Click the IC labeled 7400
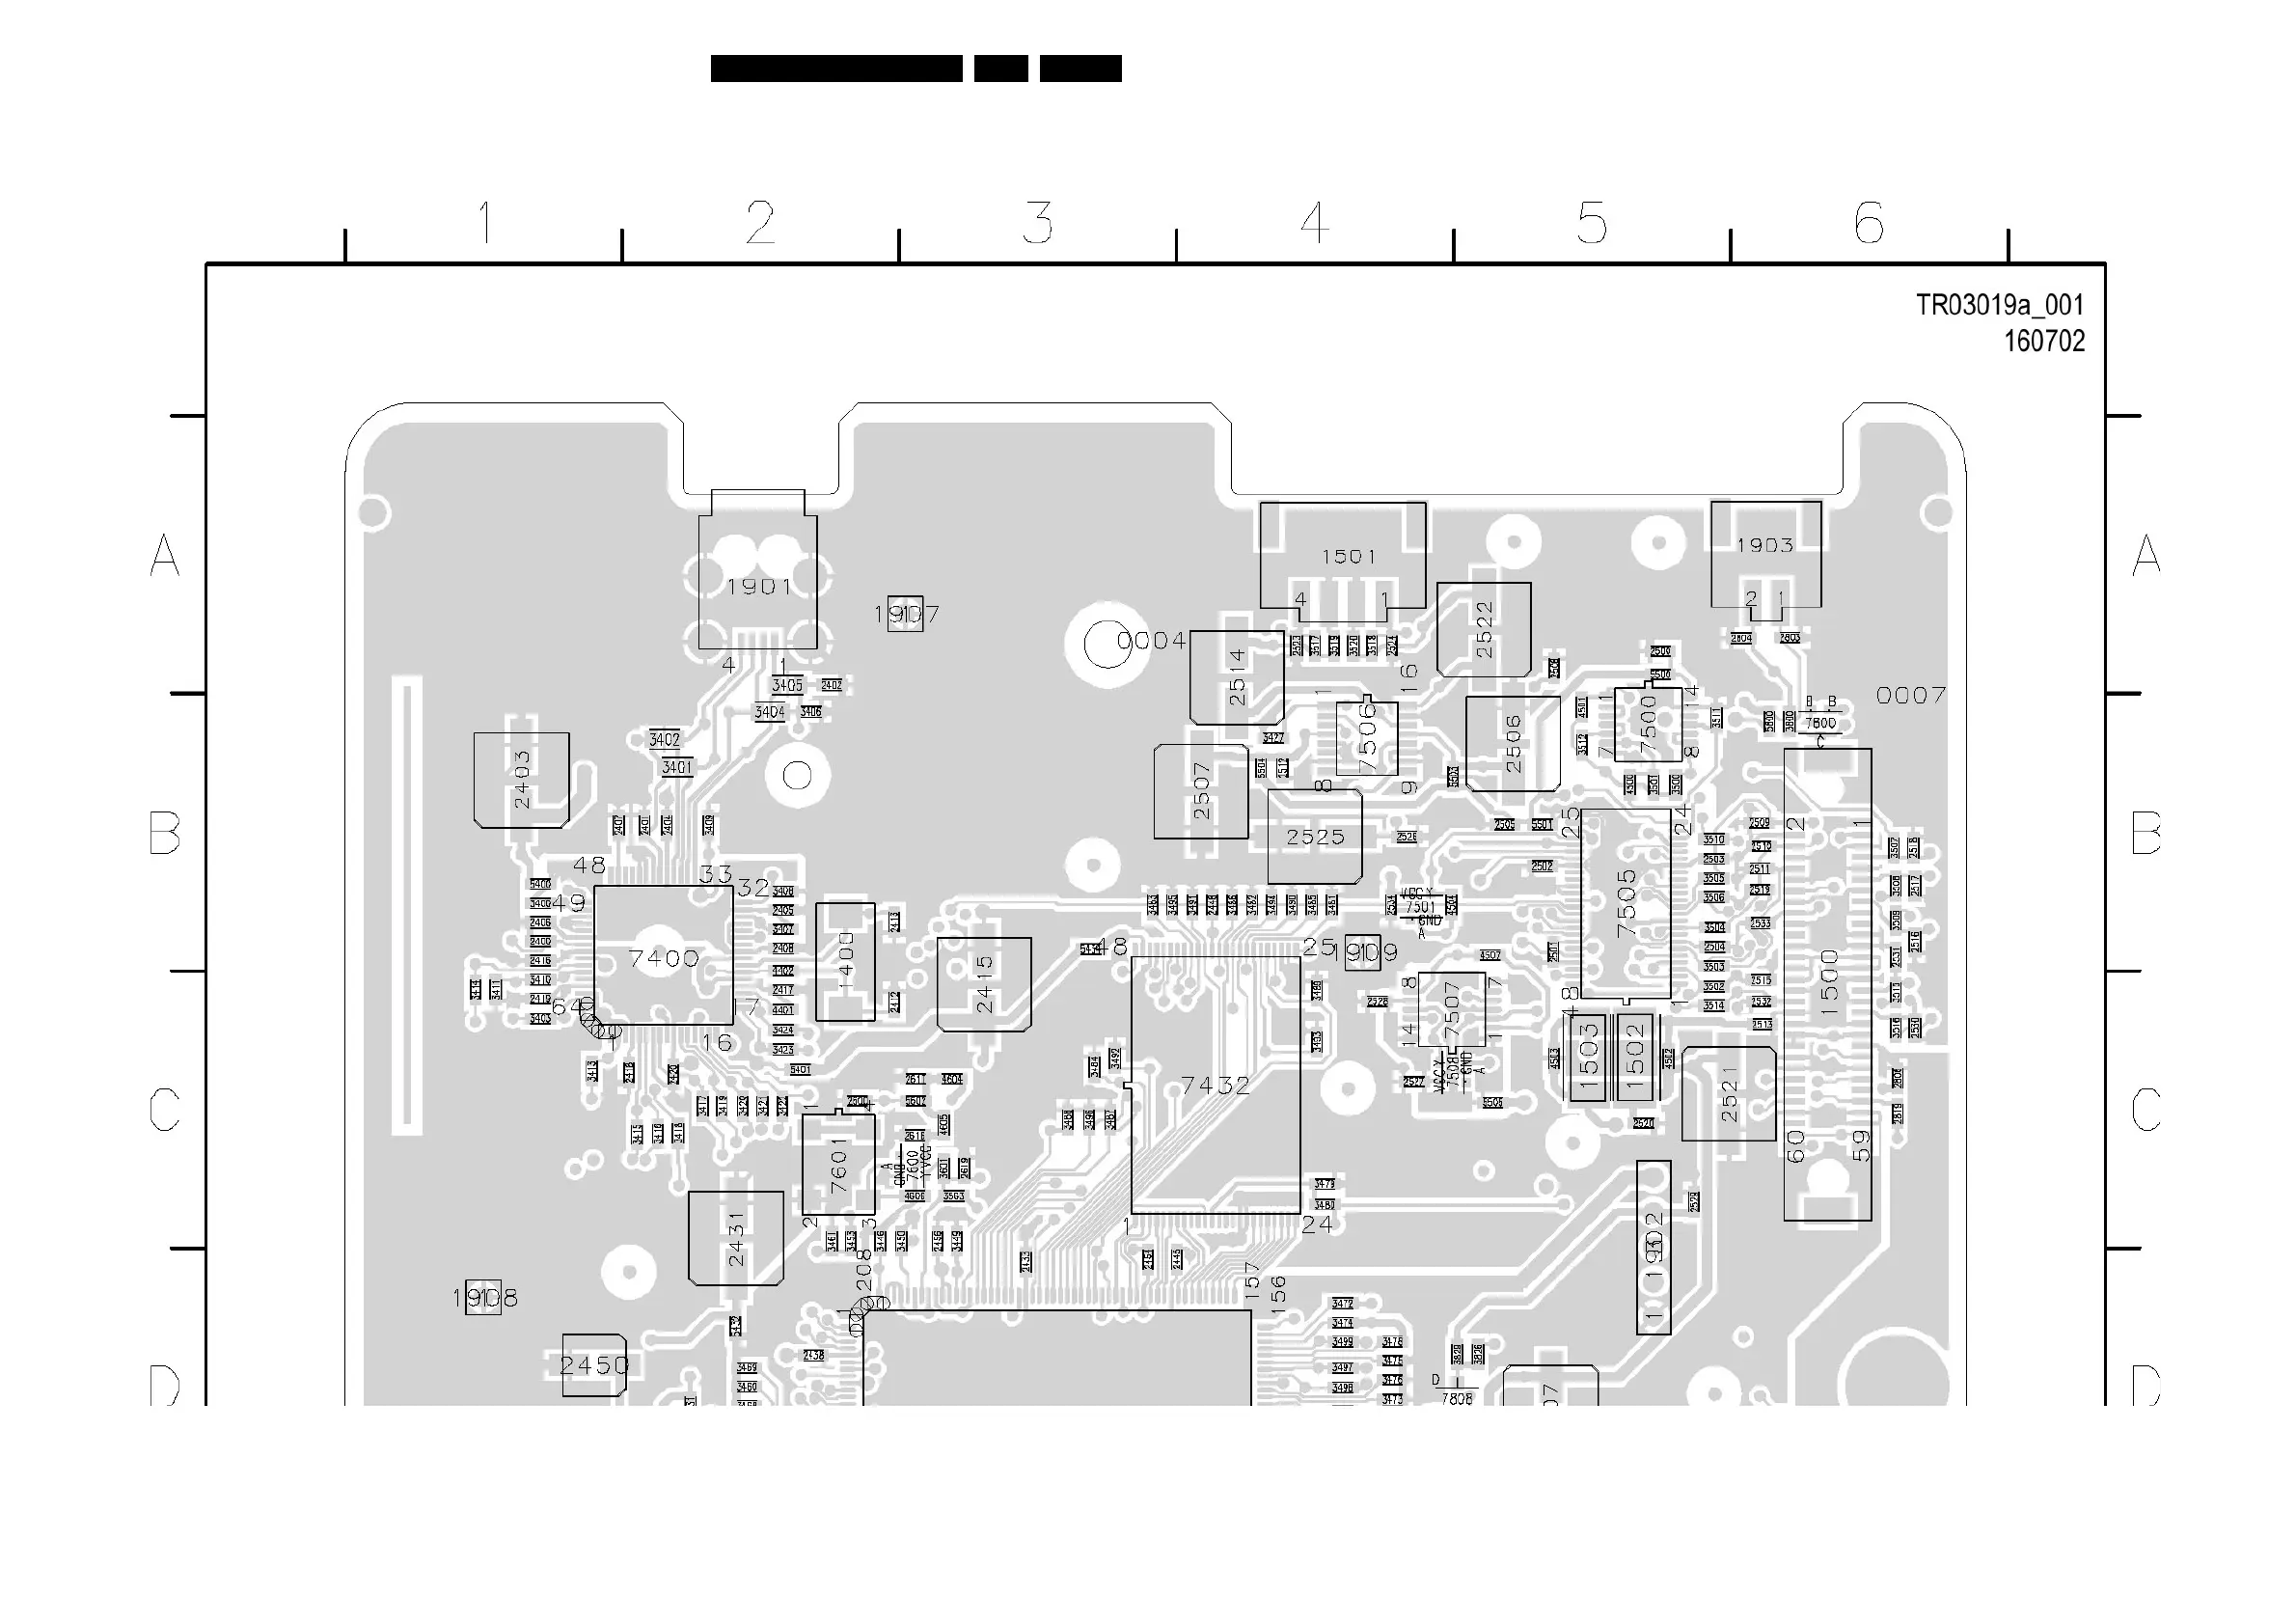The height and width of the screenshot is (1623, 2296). click(x=663, y=956)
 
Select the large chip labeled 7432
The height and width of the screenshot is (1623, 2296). click(x=1215, y=1085)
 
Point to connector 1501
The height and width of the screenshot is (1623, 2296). click(x=1343, y=556)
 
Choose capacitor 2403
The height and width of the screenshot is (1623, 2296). click(x=521, y=780)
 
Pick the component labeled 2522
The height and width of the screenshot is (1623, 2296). click(x=1484, y=630)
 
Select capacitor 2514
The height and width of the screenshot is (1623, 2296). click(x=1237, y=677)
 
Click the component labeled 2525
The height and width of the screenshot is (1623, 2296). click(x=1315, y=837)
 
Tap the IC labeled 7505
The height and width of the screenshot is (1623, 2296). click(x=1626, y=904)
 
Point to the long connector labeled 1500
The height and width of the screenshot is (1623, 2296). click(x=1828, y=984)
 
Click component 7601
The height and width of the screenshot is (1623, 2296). click(x=838, y=1164)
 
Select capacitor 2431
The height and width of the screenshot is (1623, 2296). click(x=736, y=1238)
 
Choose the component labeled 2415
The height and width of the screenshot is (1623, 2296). click(x=984, y=984)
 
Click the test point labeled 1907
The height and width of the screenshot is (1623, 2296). click(x=905, y=614)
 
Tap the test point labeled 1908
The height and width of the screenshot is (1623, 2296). click(x=484, y=1298)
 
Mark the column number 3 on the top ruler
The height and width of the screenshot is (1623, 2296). click(x=1037, y=222)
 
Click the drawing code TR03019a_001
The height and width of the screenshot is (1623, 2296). click(x=1999, y=305)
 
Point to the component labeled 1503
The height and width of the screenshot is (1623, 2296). click(x=1588, y=1058)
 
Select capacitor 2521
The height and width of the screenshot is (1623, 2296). click(x=1729, y=1094)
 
